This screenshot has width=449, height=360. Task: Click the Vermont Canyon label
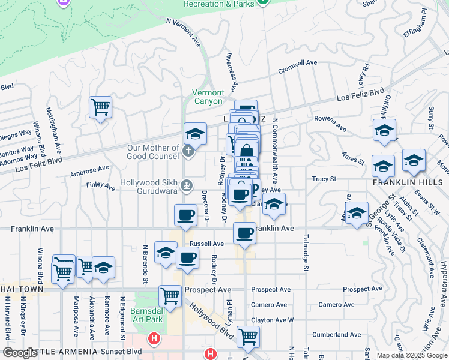point(208,97)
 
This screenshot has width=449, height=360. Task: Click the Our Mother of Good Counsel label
point(153,152)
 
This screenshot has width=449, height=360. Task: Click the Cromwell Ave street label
point(297,66)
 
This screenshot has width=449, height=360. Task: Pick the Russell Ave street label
point(206,244)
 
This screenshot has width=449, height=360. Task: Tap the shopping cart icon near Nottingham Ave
point(100,108)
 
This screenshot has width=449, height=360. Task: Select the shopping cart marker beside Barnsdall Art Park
point(170,296)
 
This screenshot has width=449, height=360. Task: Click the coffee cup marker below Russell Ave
point(188,258)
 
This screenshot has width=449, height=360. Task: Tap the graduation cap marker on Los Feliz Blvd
point(195,134)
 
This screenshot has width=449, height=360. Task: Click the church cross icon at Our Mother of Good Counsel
point(188,150)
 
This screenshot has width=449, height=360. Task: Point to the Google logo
point(20,353)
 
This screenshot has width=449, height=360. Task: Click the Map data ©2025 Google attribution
point(412,355)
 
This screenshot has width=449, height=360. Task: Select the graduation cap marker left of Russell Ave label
point(166,253)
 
